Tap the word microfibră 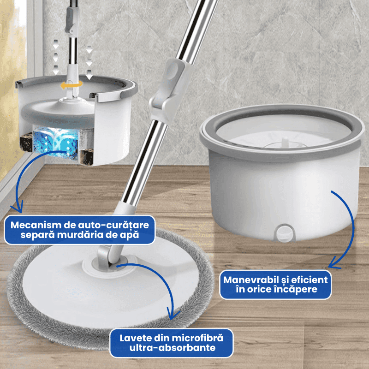click(x=197, y=338)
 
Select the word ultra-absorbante click(x=173, y=348)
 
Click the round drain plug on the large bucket click(x=285, y=233)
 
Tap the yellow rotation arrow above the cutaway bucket click(x=71, y=85)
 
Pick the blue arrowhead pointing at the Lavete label click(x=174, y=314)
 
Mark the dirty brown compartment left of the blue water click(x=26, y=142)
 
